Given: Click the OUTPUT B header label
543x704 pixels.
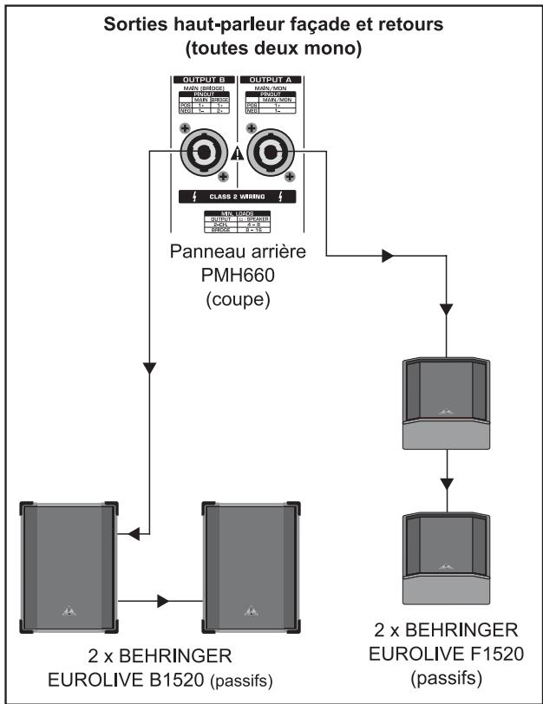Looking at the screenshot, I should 202,79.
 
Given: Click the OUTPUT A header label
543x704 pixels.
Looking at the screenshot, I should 269,79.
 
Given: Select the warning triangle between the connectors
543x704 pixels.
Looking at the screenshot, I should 235,154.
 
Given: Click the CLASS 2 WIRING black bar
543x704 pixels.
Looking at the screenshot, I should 236,196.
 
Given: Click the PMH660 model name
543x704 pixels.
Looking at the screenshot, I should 235,275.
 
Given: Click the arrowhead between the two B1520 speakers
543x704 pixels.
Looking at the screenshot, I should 163,599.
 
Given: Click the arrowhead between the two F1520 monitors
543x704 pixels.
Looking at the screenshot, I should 447,480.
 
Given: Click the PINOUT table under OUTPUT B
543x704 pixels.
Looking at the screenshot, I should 202,103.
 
